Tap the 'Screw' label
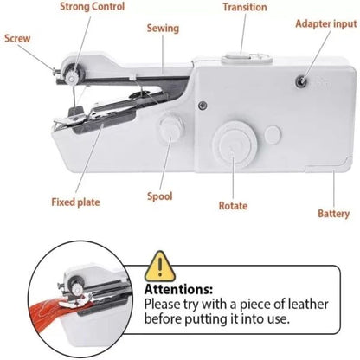[19, 38]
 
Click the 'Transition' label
[244, 8]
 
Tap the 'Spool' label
[160, 196]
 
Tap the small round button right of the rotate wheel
[273, 135]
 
